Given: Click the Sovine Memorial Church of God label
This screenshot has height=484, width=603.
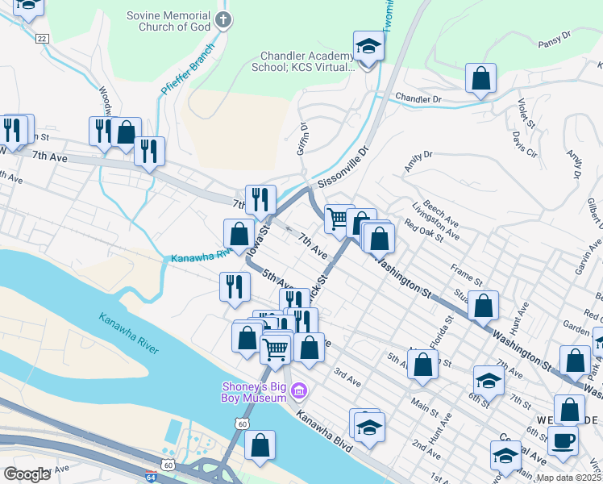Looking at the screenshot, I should click(169, 21).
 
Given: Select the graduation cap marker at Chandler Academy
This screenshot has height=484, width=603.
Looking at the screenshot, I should click(368, 46).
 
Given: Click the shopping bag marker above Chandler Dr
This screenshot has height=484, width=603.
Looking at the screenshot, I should click(480, 79).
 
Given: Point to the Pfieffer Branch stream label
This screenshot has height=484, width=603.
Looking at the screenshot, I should click(188, 69).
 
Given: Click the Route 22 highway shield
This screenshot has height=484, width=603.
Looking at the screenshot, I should click(42, 39).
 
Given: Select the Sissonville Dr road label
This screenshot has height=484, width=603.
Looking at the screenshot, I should click(343, 167).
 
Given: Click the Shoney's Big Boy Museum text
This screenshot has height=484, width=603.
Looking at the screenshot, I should click(255, 391).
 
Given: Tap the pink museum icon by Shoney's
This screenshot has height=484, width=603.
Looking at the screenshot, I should click(299, 392).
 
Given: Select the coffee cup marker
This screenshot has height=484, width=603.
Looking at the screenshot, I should click(563, 441).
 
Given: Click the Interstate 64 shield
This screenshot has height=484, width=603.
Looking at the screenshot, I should click(151, 477).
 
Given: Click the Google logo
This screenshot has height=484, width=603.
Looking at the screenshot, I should click(27, 474).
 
